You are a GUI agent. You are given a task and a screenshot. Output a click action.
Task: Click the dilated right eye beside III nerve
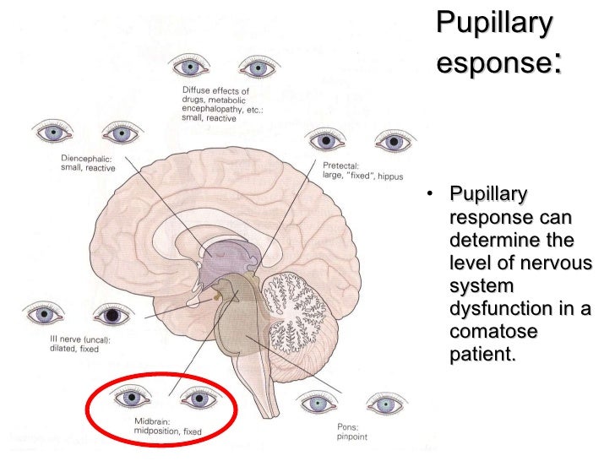click(x=112, y=315)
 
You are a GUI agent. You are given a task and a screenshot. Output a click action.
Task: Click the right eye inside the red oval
click(x=199, y=396)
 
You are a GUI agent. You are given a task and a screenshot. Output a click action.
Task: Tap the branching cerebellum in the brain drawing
click(x=300, y=305)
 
